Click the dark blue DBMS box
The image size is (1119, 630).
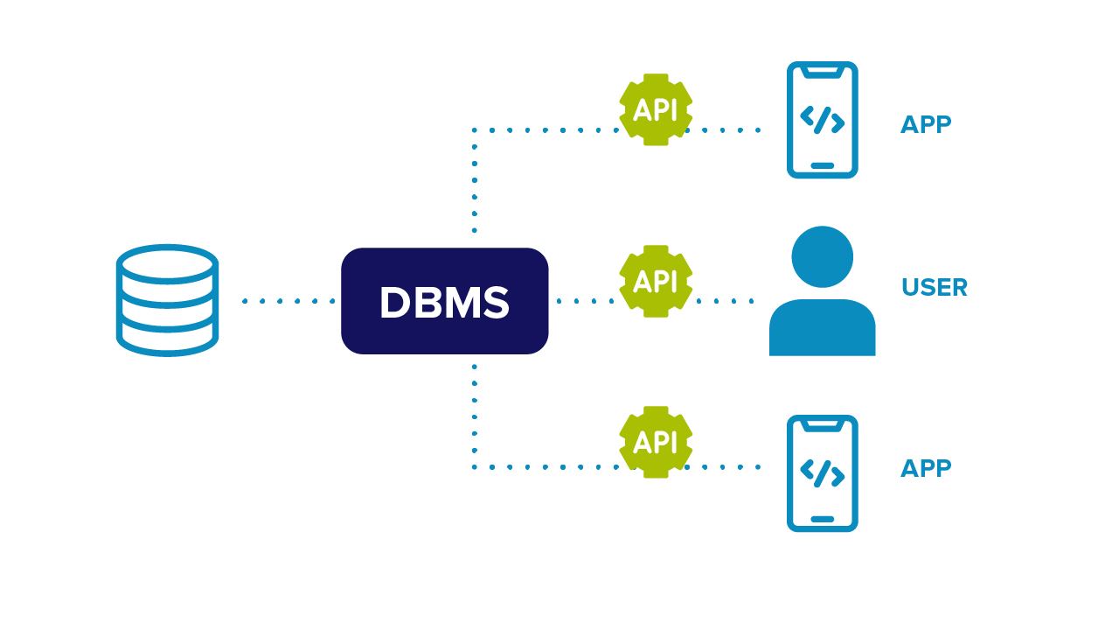click(444, 301)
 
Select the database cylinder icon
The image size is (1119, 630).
click(167, 300)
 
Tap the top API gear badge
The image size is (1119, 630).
click(656, 109)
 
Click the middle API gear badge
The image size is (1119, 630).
click(656, 281)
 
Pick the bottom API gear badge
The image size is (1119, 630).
click(656, 442)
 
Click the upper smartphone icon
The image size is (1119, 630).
click(822, 120)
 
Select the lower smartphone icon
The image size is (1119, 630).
click(822, 473)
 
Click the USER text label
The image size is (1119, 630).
click(934, 288)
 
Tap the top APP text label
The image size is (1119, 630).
click(926, 125)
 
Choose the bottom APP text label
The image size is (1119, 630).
click(926, 469)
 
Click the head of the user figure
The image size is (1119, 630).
click(822, 256)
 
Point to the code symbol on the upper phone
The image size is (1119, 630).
click(822, 120)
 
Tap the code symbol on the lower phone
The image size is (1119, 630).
click(822, 473)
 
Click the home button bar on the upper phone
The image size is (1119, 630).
click(822, 165)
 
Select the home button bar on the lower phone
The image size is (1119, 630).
click(822, 519)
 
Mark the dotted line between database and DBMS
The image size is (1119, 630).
click(288, 301)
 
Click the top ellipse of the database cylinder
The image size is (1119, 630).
click(167, 262)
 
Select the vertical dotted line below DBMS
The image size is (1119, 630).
click(474, 416)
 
